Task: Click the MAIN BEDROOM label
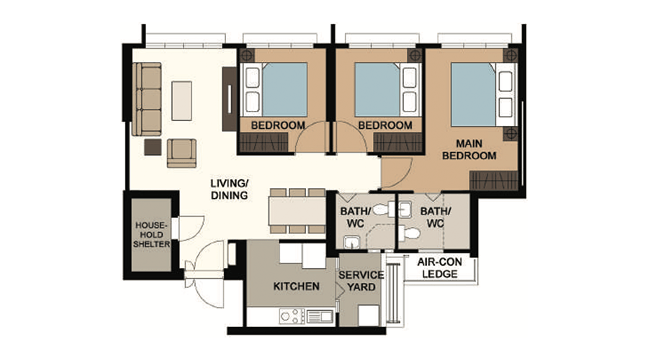tap(469, 150)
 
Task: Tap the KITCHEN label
tap(297, 286)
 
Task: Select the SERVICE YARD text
tap(361, 281)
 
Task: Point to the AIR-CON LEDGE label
tap(440, 268)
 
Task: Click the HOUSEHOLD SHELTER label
tap(152, 235)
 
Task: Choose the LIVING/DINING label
tap(230, 189)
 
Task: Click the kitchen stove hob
tap(292, 317)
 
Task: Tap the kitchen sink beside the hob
tap(320, 317)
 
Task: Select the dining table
tap(297, 211)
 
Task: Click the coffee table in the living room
tap(182, 101)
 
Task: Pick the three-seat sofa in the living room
tap(147, 99)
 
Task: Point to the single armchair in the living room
tap(181, 153)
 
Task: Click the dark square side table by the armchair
tap(153, 147)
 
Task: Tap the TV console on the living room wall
tap(230, 99)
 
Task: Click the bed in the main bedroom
tap(484, 94)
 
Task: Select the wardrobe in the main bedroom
tap(494, 181)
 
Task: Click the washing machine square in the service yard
tap(368, 316)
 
